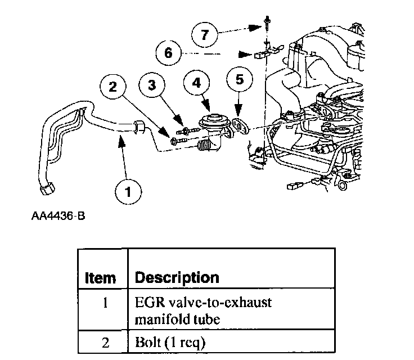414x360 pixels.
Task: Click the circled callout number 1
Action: (129, 192)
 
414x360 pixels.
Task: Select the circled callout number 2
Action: (114, 87)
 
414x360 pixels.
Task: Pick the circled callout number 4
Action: (196, 83)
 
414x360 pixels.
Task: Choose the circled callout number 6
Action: (168, 53)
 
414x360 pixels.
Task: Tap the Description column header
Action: (177, 277)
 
